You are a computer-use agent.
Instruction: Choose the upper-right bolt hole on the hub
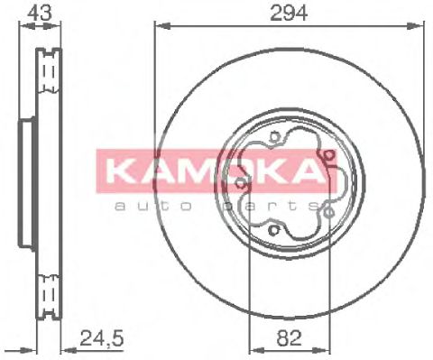click(330, 162)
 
